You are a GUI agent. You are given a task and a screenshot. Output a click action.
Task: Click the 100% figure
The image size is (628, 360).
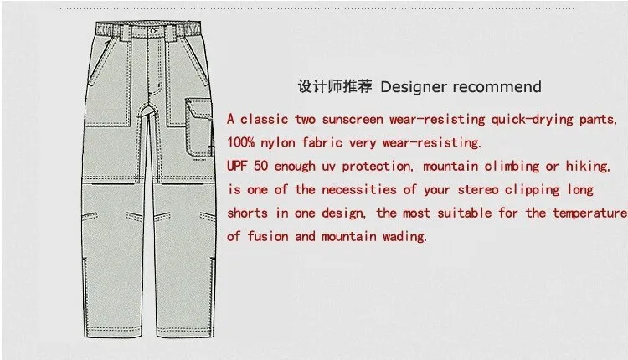click(242, 142)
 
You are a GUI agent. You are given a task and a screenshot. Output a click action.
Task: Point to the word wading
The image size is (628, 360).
click(404, 236)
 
